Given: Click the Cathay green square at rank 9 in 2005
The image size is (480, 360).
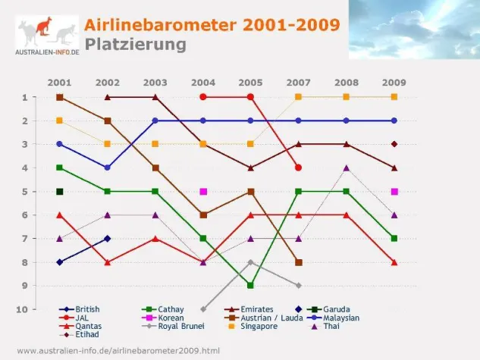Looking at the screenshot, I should [251, 286].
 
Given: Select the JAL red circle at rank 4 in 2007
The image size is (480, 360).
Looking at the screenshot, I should [299, 167].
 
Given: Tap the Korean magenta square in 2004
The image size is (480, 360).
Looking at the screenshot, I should [203, 192].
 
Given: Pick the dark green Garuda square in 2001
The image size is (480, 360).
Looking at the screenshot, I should [60, 192].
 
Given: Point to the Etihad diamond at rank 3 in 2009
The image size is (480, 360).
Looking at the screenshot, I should [394, 144].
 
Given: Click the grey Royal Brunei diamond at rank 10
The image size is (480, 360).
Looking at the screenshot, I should [203, 309].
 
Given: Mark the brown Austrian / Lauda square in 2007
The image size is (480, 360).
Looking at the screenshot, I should [299, 262].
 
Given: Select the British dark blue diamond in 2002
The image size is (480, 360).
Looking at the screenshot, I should [108, 239].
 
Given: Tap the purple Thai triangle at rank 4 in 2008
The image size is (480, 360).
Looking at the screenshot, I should [347, 167].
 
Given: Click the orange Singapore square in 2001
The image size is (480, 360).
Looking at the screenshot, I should [60, 121].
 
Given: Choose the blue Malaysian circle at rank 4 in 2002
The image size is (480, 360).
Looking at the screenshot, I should [108, 167].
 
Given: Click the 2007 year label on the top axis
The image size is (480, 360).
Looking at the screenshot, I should [299, 82].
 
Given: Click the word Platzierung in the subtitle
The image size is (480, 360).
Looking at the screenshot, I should [135, 44].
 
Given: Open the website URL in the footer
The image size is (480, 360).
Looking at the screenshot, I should [118, 351].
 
